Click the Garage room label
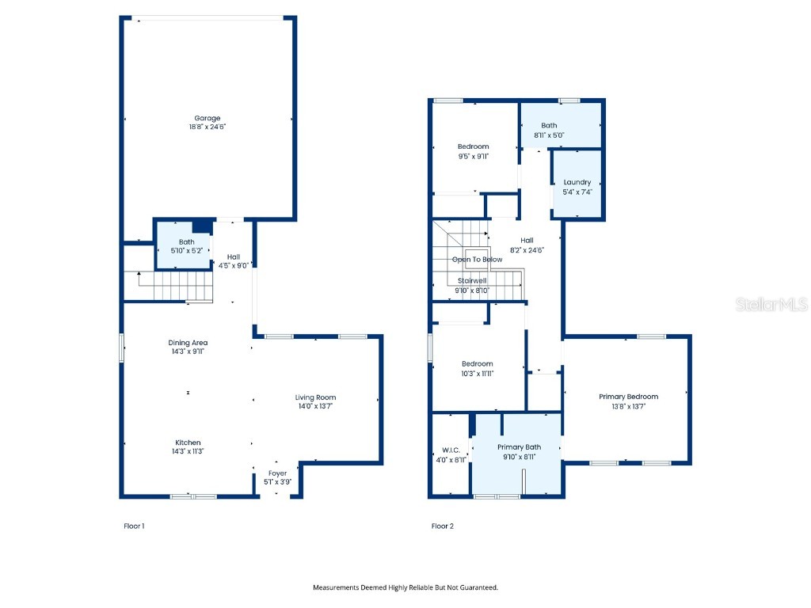208,119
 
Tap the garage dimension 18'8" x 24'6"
208,127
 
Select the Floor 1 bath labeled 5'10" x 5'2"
186,246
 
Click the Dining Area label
188,343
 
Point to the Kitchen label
188,443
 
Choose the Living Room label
316,397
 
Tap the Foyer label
277,473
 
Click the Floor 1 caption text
134,526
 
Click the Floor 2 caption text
442,526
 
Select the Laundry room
577,186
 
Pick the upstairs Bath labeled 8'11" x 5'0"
549,130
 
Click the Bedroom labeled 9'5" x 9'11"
474,151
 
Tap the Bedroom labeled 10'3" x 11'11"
478,368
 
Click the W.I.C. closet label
451,454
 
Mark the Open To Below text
477,260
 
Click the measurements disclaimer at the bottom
405,587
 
